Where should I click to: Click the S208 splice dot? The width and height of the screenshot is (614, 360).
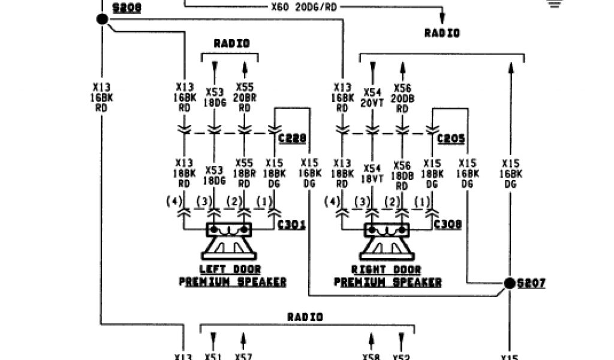[102, 20]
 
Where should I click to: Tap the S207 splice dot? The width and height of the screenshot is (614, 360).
[509, 283]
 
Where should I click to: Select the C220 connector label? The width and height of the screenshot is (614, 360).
[293, 139]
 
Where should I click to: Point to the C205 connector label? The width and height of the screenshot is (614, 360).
[451, 139]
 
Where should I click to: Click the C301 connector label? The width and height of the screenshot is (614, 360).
[293, 225]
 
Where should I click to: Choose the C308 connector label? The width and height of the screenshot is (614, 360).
[447, 225]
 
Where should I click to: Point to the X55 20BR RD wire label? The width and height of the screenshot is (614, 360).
[245, 97]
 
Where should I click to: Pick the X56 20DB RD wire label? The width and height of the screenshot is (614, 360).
[403, 97]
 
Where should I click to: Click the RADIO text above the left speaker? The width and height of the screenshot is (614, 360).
[231, 43]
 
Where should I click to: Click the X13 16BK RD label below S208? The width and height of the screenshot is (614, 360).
[100, 97]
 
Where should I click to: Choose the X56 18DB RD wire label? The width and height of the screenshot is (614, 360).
[403, 175]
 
